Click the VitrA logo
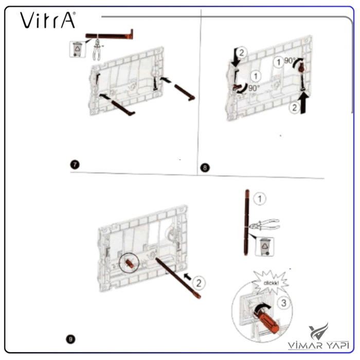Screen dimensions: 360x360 pos(48,20)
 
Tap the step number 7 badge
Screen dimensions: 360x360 pos(75,165)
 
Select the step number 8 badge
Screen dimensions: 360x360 pos(205,168)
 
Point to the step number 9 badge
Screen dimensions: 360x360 pos(71,339)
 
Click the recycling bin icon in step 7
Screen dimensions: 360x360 pos(78,49)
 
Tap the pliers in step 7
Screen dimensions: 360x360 pos(97,50)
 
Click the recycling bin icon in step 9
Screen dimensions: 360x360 pos(265,247)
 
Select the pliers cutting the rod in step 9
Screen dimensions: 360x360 pos(264,225)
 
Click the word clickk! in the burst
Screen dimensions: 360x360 pos(271,283)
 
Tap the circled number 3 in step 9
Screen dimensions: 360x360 pos(284,303)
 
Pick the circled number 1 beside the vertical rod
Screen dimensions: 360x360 pos(260,199)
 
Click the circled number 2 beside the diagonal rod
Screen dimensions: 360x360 pos(199,283)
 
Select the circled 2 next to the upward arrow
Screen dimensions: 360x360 pos(295,107)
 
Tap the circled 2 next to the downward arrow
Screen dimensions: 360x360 pos(242,52)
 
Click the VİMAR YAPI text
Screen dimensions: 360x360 pos(318,345)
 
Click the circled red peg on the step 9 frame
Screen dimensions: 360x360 pos(129,263)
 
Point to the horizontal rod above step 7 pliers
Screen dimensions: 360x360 pos(109,35)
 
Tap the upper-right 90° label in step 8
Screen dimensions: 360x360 pos(289,61)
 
